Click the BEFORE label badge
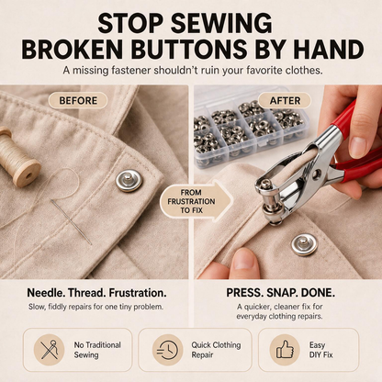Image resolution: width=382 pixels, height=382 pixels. tap(78, 100)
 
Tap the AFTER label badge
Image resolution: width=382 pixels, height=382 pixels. tap(285, 100)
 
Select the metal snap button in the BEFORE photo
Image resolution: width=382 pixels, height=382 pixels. tap(129, 181)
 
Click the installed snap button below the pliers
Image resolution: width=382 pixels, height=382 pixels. tap(305, 244)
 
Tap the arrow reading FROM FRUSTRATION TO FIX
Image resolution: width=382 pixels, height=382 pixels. tap(196, 201)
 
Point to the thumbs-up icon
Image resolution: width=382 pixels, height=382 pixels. tap(285, 350)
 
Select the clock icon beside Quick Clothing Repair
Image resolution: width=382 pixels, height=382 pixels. tap(167, 350)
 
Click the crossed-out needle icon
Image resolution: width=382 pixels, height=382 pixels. tap(50, 350)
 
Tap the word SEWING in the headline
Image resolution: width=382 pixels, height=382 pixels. tap(220, 23)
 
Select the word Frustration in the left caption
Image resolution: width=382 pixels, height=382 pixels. tap(138, 293)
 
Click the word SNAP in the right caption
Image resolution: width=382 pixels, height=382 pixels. tap(281, 293)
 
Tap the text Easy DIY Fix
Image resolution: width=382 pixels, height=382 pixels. tap(320, 350)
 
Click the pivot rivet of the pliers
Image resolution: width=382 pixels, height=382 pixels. tap(315, 174)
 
